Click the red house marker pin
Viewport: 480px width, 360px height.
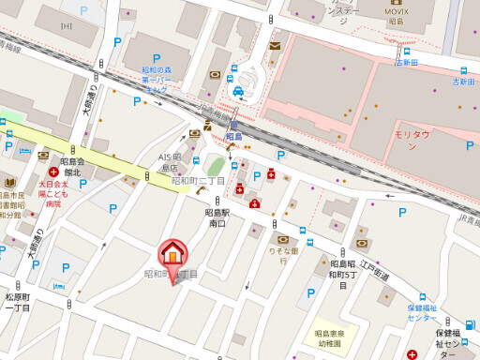point(172,254)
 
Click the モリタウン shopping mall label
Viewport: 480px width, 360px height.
point(411,141)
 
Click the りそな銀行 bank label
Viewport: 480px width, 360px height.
point(282,251)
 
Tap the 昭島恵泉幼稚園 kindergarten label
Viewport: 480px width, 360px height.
point(328,338)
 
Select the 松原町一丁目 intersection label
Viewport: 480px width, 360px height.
point(18,302)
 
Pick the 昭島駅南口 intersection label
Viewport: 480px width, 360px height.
point(217,218)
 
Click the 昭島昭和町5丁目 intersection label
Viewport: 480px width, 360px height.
point(342,275)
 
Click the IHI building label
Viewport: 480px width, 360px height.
point(66,25)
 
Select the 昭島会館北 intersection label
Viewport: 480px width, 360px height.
point(72,167)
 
